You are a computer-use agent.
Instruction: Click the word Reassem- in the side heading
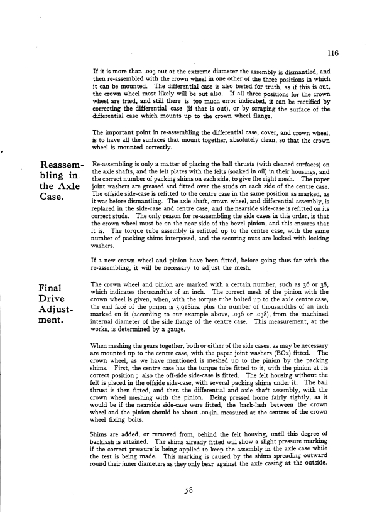57,166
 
